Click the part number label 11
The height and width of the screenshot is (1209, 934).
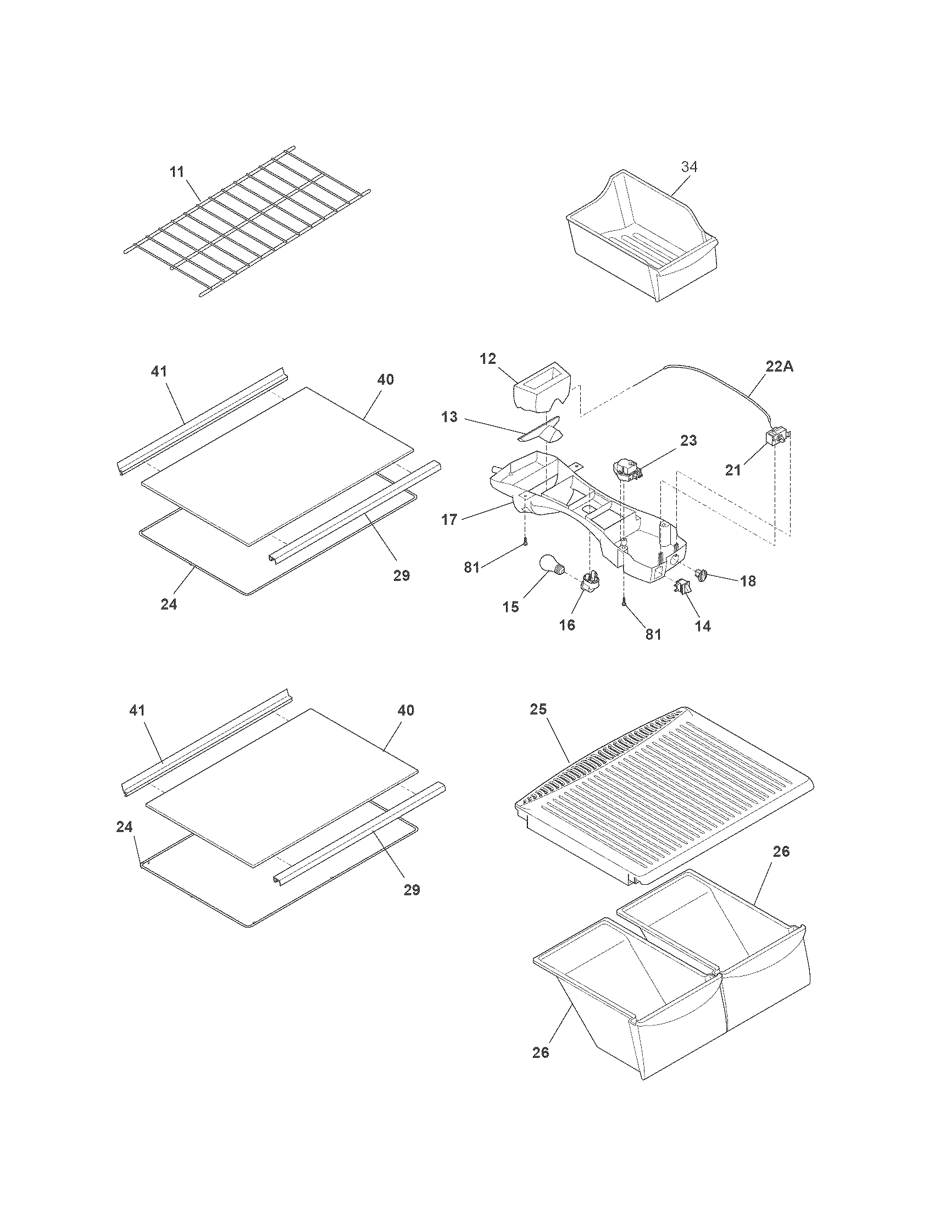point(176,171)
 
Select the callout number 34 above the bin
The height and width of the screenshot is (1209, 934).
point(689,167)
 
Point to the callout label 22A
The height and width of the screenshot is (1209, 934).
point(780,366)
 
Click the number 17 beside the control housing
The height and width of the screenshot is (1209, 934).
point(449,520)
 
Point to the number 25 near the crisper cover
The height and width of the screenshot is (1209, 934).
point(538,709)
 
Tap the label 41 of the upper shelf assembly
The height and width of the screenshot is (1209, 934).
point(159,371)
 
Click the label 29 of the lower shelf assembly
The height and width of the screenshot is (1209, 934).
point(412,890)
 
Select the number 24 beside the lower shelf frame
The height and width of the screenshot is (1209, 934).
point(125,827)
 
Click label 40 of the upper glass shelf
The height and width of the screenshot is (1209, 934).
point(386,379)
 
